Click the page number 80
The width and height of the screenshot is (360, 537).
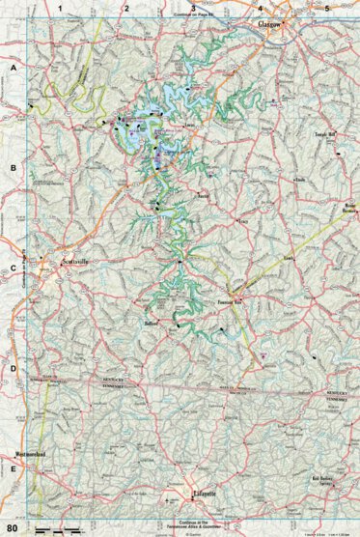13,527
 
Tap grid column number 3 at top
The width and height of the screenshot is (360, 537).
192,9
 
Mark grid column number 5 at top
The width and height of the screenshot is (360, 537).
326,9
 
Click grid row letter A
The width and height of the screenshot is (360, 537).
13,71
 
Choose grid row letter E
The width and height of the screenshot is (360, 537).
13,469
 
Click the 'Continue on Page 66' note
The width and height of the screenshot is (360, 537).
192,17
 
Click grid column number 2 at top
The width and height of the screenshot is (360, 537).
125,9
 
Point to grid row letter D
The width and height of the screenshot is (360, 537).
13,369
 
